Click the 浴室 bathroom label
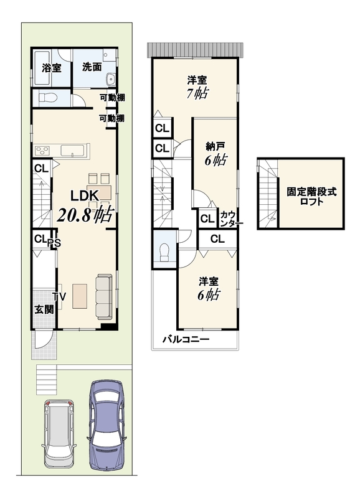pyautogui.click(x=52, y=68)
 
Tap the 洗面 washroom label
pyautogui.click(x=92, y=67)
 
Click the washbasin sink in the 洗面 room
pyautogui.click(x=111, y=79)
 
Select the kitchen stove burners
pyautogui.click(x=42, y=150)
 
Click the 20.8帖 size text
pyautogui.click(x=85, y=214)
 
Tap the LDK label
pyautogui.click(x=85, y=196)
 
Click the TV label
pyautogui.click(x=59, y=297)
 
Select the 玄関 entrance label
pyautogui.click(x=44, y=309)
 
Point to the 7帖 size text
pyautogui.click(x=197, y=93)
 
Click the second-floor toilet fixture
pyautogui.click(x=164, y=253)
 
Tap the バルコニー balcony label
pyautogui.click(x=186, y=339)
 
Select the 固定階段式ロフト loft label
pyautogui.click(x=311, y=197)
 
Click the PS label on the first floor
pyautogui.click(x=54, y=243)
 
